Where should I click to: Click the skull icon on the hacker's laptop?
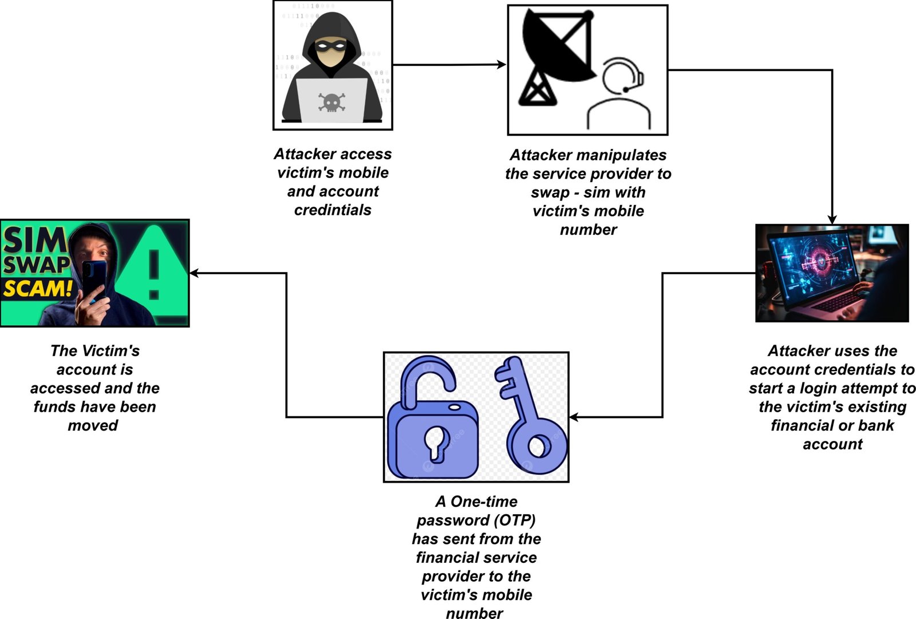click(331, 102)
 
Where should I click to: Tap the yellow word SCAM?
click(38, 288)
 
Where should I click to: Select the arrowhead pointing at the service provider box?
click(502, 65)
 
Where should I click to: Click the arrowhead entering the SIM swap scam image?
click(194, 273)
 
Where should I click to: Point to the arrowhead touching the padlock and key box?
click(573, 417)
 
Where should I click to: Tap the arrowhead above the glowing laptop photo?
click(832, 220)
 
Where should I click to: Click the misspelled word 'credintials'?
click(333, 210)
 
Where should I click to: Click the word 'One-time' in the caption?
click(484, 502)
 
